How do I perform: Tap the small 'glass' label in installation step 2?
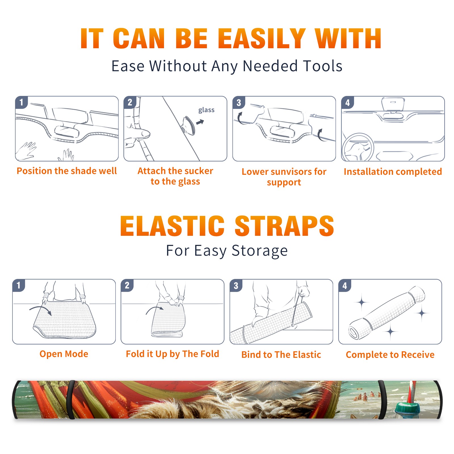pos(206,110)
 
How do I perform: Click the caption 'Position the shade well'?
pos(67,171)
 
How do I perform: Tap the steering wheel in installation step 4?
pos(358,148)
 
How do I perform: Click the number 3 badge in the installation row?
pos(239,103)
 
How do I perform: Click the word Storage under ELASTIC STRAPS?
pos(260,251)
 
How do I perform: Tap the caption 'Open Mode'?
pos(64,354)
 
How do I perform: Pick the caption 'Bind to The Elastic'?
pos(281,355)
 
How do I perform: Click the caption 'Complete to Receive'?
pos(390,355)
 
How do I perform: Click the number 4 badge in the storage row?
pos(345,285)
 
